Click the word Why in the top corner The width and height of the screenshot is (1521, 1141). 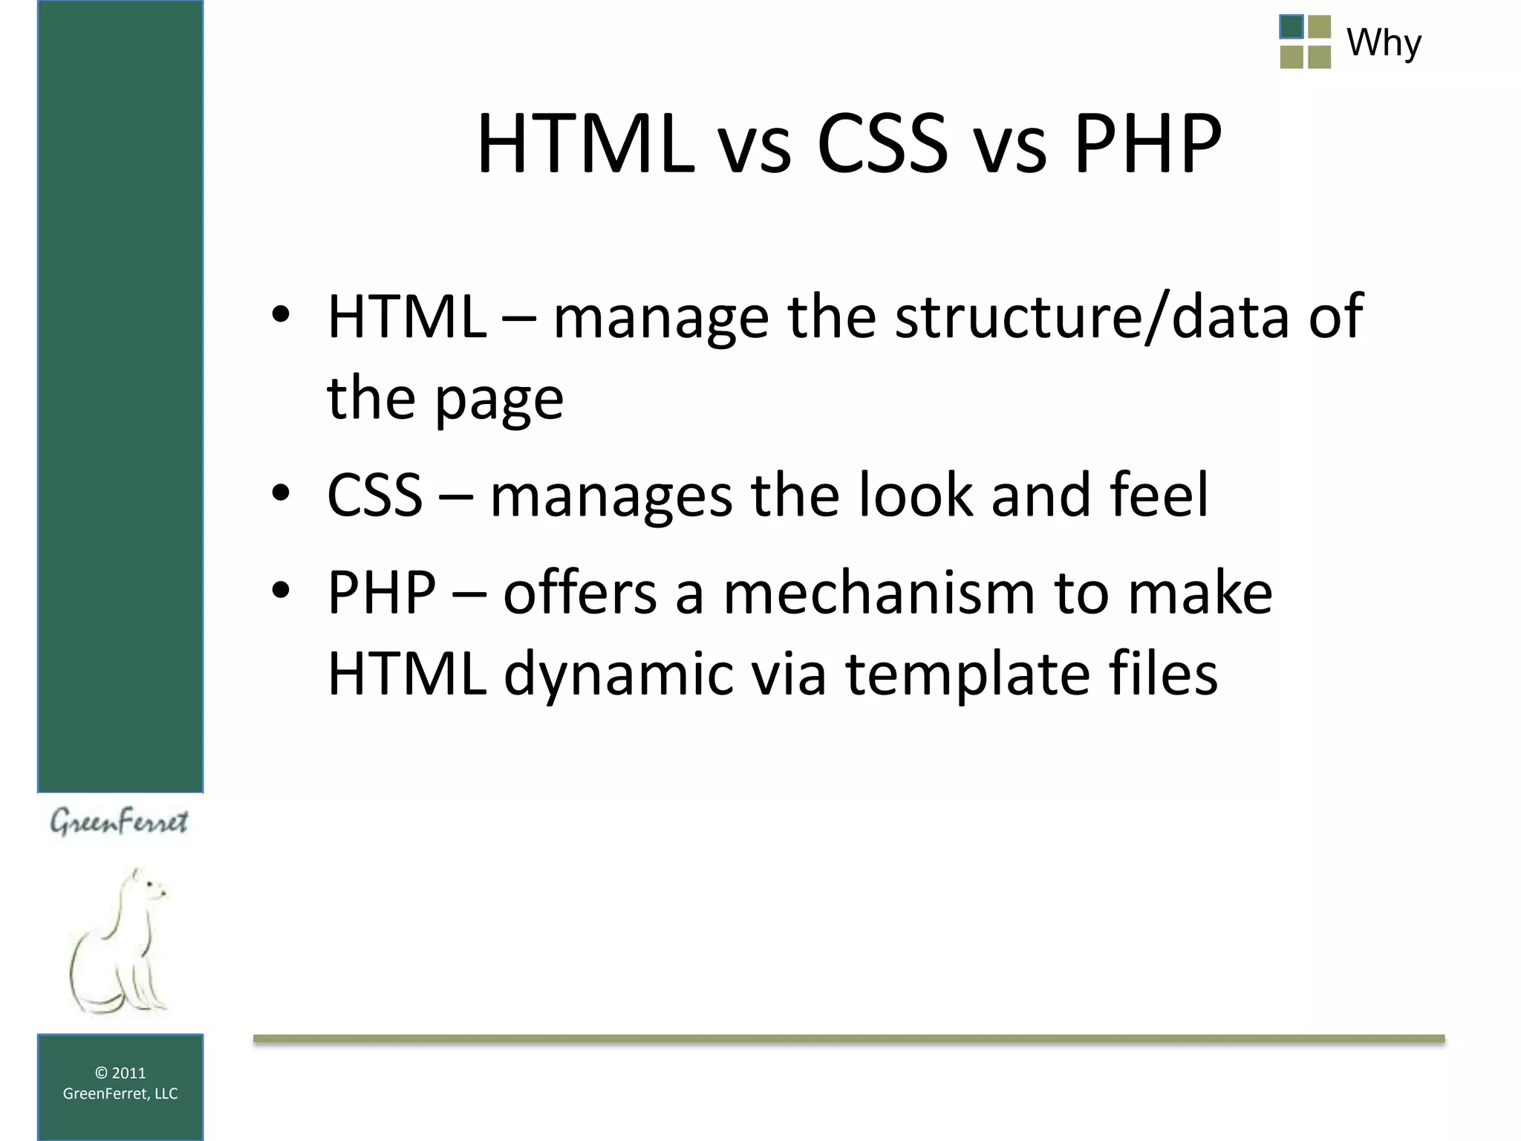[x=1384, y=42]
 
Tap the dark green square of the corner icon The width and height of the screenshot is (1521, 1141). [x=1292, y=27]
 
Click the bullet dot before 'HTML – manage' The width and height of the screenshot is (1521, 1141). [x=280, y=316]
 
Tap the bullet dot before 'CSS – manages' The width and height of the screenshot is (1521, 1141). [x=280, y=493]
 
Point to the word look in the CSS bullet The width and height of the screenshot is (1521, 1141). [x=915, y=495]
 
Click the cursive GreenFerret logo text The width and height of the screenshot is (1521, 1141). [x=119, y=822]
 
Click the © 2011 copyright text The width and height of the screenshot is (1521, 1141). [x=120, y=1073]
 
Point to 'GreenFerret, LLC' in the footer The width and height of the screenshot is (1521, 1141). [x=120, y=1093]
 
